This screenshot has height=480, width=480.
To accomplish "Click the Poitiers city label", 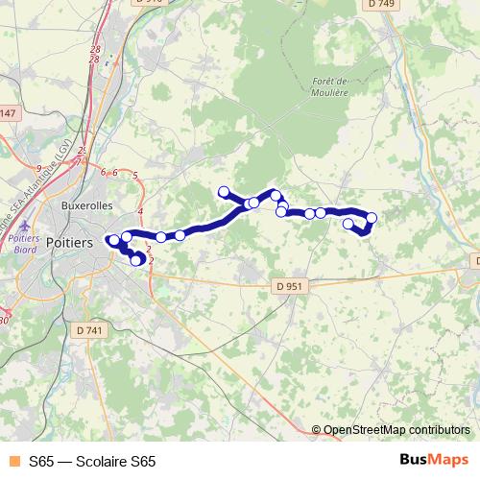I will pos(69,243).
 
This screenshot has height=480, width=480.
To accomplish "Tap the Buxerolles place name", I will pos(85,205).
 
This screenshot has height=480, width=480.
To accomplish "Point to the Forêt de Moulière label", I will pos(329,87).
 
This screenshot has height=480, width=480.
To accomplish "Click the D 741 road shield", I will pos(87,329).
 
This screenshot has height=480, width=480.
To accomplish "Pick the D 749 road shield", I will pos(381,5).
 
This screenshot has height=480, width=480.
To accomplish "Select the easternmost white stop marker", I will pos(372,218).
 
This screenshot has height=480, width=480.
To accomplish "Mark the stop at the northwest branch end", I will pos(224,191).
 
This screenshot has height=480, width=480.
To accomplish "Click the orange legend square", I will pos(12,461).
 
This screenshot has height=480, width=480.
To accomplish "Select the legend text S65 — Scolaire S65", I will pos(92,461).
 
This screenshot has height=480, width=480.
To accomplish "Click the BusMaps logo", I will pos(433,460).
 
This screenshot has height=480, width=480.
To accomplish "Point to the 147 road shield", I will pos(8,114).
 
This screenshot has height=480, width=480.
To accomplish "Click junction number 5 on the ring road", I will pos(135,175).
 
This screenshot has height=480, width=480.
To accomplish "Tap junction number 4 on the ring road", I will pos(140,210).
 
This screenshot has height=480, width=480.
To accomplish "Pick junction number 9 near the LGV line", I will pos(37,167).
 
